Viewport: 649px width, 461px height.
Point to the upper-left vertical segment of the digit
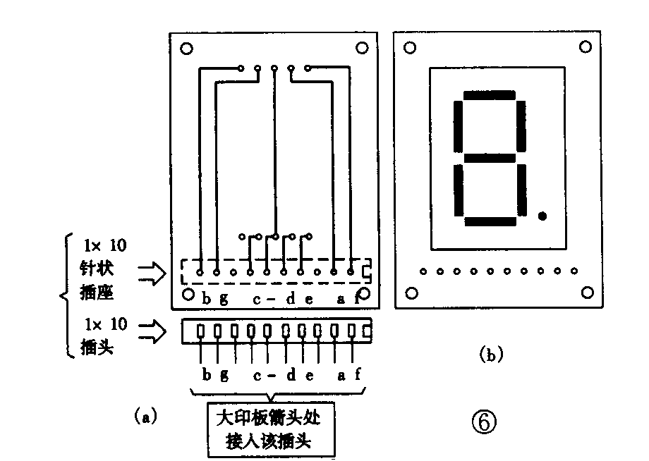click(x=458, y=126)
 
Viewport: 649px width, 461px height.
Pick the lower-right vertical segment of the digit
click(x=521, y=190)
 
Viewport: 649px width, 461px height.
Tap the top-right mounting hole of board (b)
click(x=585, y=47)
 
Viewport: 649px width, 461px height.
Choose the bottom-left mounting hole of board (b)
click(x=411, y=293)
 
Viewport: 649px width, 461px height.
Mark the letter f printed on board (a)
click(x=357, y=298)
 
